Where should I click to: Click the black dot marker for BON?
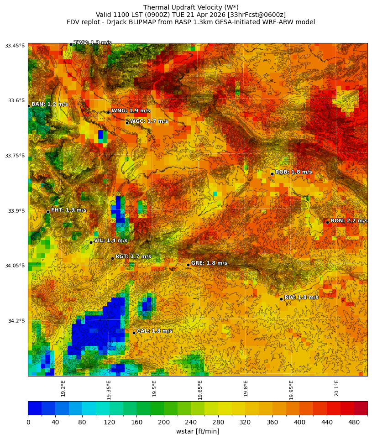(x=327, y=222)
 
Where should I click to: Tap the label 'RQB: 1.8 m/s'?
(x=293, y=172)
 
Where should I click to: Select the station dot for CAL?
(x=134, y=333)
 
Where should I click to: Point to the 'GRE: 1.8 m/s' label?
(x=209, y=263)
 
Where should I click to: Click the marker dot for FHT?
(x=48, y=212)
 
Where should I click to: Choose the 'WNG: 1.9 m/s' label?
(x=131, y=111)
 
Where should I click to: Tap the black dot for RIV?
(x=281, y=299)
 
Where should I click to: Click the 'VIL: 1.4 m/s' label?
(x=110, y=240)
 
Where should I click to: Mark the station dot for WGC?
(x=127, y=123)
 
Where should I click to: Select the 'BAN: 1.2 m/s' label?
(x=49, y=105)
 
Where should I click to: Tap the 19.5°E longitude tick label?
(x=154, y=388)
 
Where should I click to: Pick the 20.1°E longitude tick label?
(x=336, y=388)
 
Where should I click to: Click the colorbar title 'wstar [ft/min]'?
(x=198, y=431)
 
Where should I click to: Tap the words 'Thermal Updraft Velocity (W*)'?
(x=191, y=7)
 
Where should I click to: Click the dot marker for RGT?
(x=112, y=258)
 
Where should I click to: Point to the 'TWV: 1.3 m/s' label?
(x=92, y=43)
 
